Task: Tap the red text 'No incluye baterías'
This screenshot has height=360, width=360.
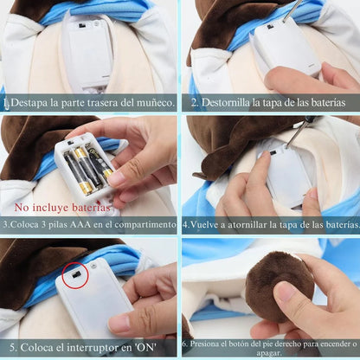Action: point(62,208)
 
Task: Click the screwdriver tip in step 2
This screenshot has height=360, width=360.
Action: point(284,22)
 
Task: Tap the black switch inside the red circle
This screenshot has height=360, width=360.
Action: point(76,275)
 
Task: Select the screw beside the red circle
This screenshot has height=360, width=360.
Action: point(93,266)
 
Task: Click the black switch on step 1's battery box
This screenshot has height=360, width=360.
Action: point(82,26)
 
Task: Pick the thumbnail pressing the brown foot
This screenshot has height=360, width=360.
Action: point(284,291)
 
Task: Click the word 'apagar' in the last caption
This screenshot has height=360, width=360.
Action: point(269,353)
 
